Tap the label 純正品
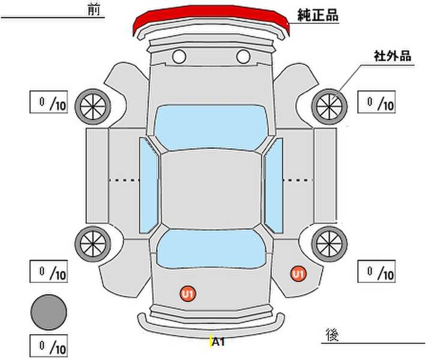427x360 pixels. (318, 16)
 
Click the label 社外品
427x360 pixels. (392, 56)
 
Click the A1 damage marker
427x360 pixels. (218, 343)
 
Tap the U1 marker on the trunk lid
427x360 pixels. (188, 293)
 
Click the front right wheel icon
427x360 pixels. (330, 106)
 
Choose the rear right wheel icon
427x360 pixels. (330, 242)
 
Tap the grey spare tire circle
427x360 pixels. (49, 312)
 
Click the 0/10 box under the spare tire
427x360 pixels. (49, 346)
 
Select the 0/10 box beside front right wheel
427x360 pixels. (377, 103)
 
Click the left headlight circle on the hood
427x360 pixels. (179, 57)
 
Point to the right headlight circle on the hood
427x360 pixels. (243, 57)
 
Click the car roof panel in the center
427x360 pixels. (211, 188)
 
